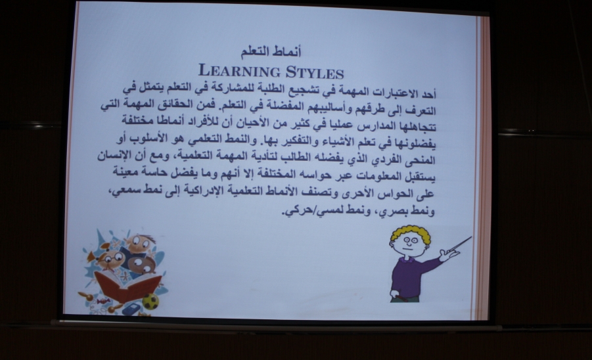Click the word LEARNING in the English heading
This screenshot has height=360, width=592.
pyautogui.click(x=239, y=71)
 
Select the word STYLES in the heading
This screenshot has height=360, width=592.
pyautogui.click(x=315, y=72)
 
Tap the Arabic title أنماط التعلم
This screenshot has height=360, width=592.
pyautogui.click(x=271, y=52)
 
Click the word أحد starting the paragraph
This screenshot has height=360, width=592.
pyautogui.click(x=428, y=93)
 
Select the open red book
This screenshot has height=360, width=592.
pyautogui.click(x=127, y=285)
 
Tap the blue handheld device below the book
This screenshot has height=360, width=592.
pyautogui.click(x=131, y=309)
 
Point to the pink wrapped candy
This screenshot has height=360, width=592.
pyautogui.click(x=102, y=301)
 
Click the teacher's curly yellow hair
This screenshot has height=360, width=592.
pyautogui.click(x=410, y=234)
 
